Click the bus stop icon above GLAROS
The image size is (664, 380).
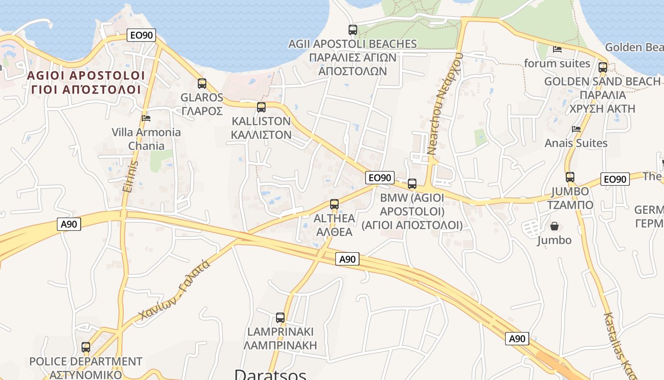[x=202, y=84]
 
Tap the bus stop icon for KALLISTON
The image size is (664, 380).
[x=261, y=107]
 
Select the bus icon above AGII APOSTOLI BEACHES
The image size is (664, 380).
[x=353, y=30]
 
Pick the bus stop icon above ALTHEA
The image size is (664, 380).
[x=334, y=204]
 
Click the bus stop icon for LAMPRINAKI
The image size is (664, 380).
[x=280, y=318]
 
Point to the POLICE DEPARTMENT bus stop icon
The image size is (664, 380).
[x=86, y=347]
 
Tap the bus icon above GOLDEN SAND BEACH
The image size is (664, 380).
[x=603, y=67]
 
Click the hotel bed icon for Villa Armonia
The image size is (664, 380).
[x=146, y=118]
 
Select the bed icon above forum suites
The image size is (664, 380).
[x=557, y=49]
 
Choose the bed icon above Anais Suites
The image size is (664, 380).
[x=576, y=129]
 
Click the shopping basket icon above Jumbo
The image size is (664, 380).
[x=554, y=226]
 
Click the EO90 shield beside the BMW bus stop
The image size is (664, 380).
[x=380, y=178]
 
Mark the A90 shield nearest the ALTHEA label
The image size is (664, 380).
[x=348, y=259]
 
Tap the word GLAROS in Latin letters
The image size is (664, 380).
[x=202, y=97]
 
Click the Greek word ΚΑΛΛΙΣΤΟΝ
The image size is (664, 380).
[x=261, y=134]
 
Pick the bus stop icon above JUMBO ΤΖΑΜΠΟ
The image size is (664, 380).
[x=570, y=177]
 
